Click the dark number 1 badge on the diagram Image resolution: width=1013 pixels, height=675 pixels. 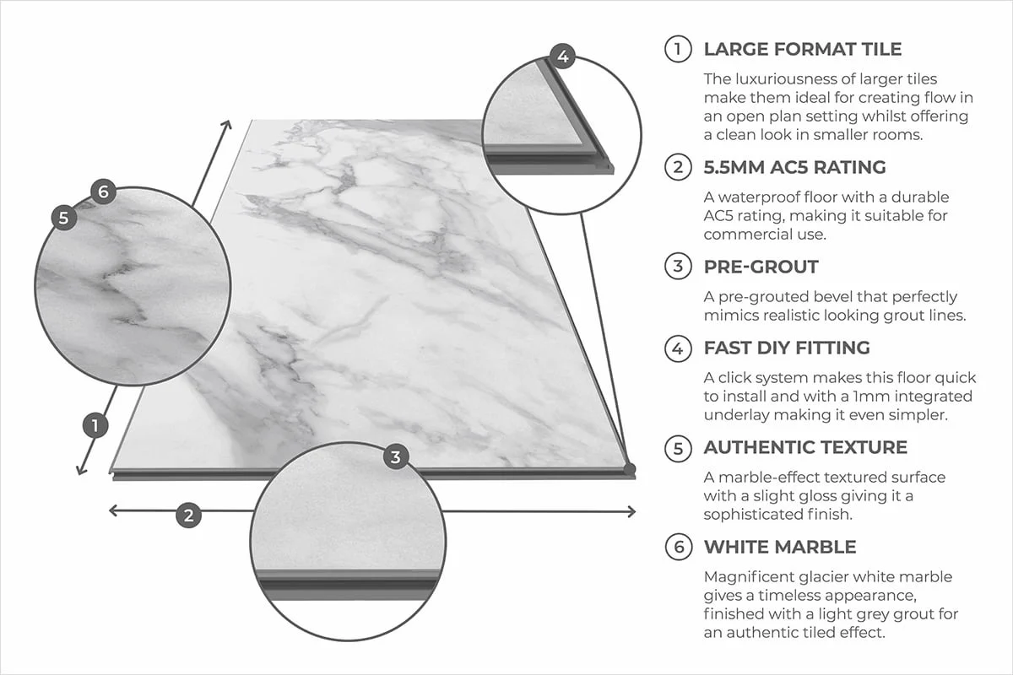pos(96,426)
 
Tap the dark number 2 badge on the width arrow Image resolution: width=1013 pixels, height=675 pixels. pos(188,514)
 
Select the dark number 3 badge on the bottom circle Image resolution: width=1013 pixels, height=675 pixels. pos(395,457)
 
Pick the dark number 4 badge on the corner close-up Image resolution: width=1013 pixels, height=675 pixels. pos(563,57)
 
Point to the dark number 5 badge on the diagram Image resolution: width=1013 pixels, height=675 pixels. pos(63,217)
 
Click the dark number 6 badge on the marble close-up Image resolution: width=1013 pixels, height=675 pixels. pos(102,192)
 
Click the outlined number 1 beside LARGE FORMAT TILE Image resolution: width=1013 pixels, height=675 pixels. pos(677,50)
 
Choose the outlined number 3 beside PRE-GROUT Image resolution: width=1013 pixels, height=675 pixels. pos(677,267)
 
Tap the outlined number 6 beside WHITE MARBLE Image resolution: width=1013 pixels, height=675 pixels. pos(677,547)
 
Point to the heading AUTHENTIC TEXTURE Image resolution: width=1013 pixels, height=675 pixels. pos(805,447)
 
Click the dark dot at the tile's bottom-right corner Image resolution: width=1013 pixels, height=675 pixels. pos(629,468)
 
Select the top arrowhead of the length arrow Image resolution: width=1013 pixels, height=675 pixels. pos(227,125)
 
